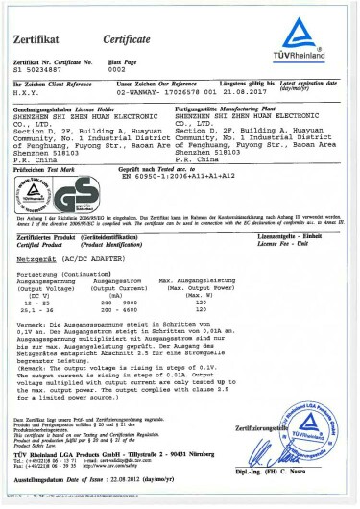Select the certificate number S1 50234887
point(39,70)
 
